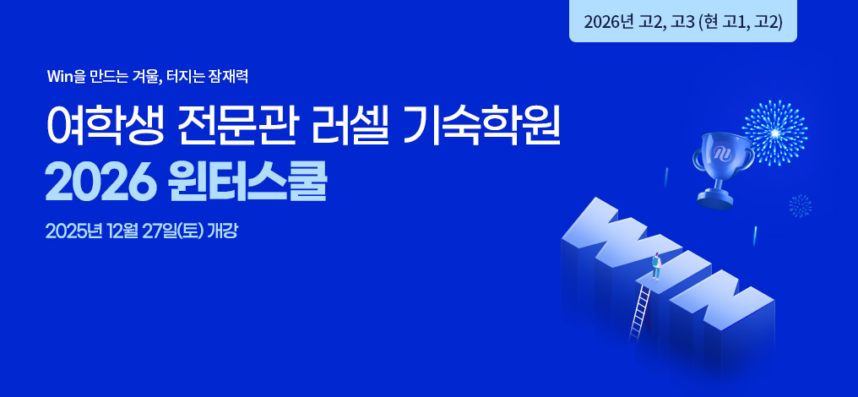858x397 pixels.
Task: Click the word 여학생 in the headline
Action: (104, 127)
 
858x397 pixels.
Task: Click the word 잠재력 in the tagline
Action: (229, 77)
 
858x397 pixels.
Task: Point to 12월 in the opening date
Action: (124, 231)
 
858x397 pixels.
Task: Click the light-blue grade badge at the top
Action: (683, 21)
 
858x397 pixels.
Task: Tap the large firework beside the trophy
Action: (775, 133)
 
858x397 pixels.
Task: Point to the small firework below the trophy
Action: (800, 206)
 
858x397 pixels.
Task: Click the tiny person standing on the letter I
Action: (655, 267)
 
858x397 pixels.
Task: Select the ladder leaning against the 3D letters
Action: (639, 314)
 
